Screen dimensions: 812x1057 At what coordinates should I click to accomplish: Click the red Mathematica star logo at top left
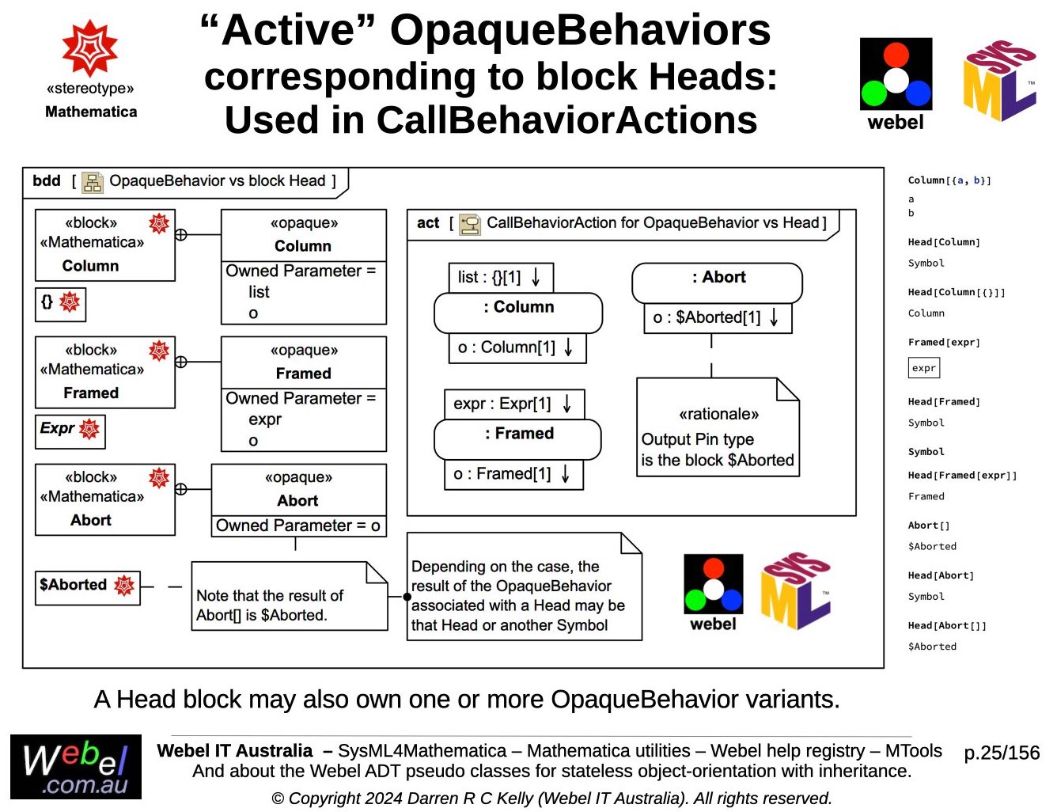(x=90, y=48)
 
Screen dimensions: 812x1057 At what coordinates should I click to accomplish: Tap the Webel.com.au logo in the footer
(x=76, y=767)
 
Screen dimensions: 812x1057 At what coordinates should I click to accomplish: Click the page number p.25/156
(x=1001, y=753)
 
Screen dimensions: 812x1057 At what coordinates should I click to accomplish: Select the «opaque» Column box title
(x=303, y=235)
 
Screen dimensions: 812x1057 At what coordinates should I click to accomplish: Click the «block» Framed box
(x=104, y=372)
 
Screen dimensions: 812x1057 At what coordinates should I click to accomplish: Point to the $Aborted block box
(x=87, y=587)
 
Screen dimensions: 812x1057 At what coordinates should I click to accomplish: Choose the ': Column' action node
(x=518, y=312)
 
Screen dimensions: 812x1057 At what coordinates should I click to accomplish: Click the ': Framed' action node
(x=517, y=438)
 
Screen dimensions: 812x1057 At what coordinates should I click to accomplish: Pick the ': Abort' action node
(x=717, y=283)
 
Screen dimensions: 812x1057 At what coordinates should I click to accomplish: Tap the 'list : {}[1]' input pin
(x=500, y=278)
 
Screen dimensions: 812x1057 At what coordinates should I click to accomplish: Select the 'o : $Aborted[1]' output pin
(x=717, y=318)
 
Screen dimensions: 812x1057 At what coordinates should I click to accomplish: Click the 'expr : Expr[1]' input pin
(x=513, y=404)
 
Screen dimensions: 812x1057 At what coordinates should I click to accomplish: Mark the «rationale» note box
(x=718, y=427)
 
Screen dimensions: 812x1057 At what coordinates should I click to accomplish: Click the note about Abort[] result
(x=289, y=597)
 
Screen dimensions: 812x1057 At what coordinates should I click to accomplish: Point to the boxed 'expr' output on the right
(x=923, y=368)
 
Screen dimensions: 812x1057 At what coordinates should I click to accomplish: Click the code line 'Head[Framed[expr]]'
(x=962, y=476)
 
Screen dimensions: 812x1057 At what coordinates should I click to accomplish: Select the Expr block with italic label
(x=70, y=431)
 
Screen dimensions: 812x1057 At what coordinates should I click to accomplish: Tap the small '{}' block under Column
(x=60, y=304)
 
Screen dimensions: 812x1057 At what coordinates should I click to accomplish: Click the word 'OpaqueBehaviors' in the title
(x=580, y=30)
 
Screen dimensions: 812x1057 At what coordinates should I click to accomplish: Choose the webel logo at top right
(x=896, y=83)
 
